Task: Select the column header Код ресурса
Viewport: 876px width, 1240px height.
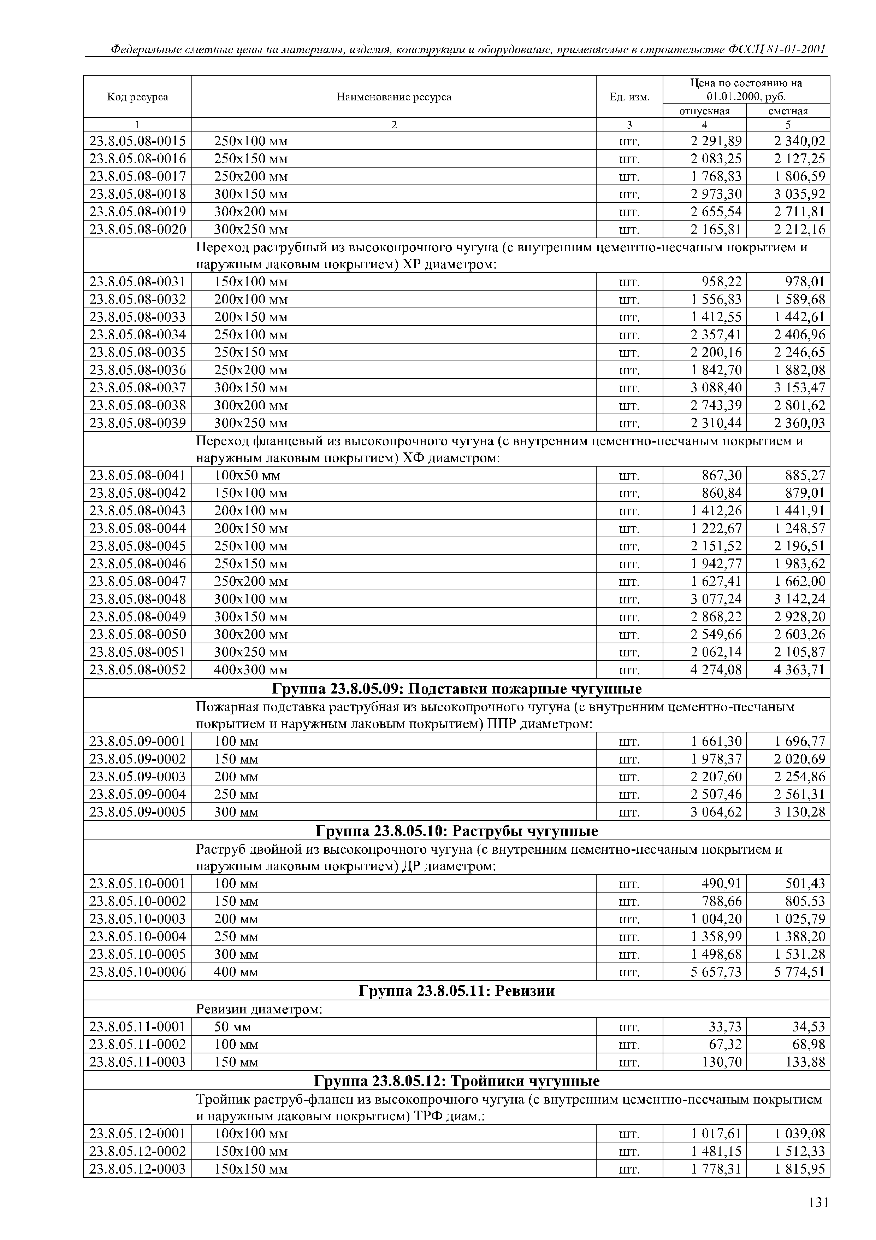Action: point(138,97)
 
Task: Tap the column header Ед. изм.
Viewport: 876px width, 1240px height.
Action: point(629,97)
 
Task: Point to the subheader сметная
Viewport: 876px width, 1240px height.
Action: point(788,111)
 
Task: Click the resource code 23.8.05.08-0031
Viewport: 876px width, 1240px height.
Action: point(138,281)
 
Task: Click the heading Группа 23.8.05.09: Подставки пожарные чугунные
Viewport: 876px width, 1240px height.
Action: point(457,689)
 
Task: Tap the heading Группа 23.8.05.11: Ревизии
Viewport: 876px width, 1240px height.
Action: point(457,990)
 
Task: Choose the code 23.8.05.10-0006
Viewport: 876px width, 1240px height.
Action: point(138,972)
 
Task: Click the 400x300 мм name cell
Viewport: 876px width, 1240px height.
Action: point(251,670)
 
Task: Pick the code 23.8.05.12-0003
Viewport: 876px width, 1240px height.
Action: point(138,1169)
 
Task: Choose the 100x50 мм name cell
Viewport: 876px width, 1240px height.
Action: point(247,475)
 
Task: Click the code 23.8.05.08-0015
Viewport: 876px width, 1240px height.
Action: point(138,141)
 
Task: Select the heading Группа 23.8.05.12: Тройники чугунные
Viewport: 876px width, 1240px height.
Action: point(457,1081)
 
